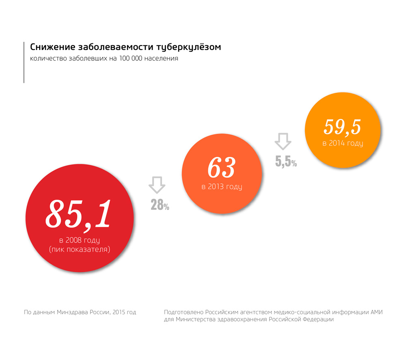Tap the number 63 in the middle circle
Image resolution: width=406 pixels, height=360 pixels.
221,167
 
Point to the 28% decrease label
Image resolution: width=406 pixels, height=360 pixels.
160,205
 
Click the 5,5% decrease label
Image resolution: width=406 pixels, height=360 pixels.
286,162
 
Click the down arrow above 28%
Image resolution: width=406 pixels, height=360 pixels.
157,185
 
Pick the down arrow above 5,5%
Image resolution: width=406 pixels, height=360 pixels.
283,141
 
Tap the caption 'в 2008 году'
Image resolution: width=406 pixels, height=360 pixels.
79,240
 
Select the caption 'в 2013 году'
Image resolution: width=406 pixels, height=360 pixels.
222,187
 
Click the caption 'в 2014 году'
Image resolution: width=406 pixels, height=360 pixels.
343,143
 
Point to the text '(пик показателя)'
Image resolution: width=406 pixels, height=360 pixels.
79,249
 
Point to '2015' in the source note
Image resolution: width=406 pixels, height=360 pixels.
117,312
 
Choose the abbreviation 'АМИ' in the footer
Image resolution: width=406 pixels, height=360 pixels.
377,312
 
